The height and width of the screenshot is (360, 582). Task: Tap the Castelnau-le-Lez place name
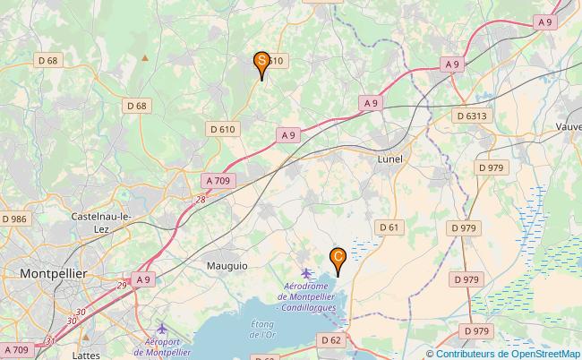coord(102,222)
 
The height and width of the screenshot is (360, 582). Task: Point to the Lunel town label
coord(389,159)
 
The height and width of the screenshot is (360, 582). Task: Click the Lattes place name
coord(86,355)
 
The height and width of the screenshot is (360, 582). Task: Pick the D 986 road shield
coord(15,219)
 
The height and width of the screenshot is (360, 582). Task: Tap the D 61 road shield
coord(389,227)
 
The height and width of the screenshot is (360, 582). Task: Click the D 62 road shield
coord(330,340)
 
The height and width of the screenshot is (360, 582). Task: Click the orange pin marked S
coord(261,62)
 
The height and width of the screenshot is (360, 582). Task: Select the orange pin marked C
coord(338,258)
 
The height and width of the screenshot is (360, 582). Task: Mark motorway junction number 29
coord(121,284)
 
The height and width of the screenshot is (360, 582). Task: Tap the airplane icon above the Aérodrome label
coord(307,272)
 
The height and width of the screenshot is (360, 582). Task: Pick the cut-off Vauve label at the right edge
coord(568,127)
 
